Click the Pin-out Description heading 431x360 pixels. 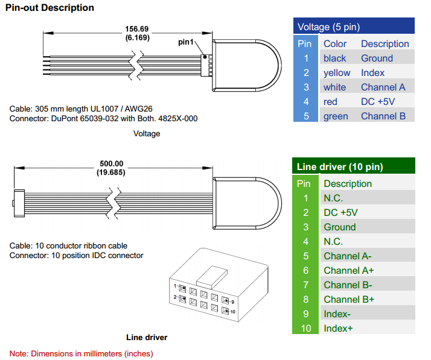(x=49, y=8)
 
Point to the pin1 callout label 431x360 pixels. (x=187, y=42)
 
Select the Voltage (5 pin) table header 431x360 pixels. (x=328, y=27)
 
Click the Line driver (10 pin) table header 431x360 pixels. (x=340, y=167)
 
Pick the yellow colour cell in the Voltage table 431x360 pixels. (x=336, y=72)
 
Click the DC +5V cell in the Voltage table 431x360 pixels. (x=377, y=101)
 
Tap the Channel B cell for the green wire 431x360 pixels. (x=383, y=116)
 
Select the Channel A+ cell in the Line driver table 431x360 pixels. (x=348, y=270)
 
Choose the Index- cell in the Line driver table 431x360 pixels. (x=337, y=314)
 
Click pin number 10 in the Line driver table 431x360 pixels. (x=306, y=328)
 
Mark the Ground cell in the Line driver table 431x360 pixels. (x=339, y=227)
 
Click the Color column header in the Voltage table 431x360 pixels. (x=335, y=43)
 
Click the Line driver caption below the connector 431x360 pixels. (x=147, y=337)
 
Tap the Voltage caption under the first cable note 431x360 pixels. (x=147, y=133)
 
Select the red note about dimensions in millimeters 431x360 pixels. (x=81, y=353)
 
